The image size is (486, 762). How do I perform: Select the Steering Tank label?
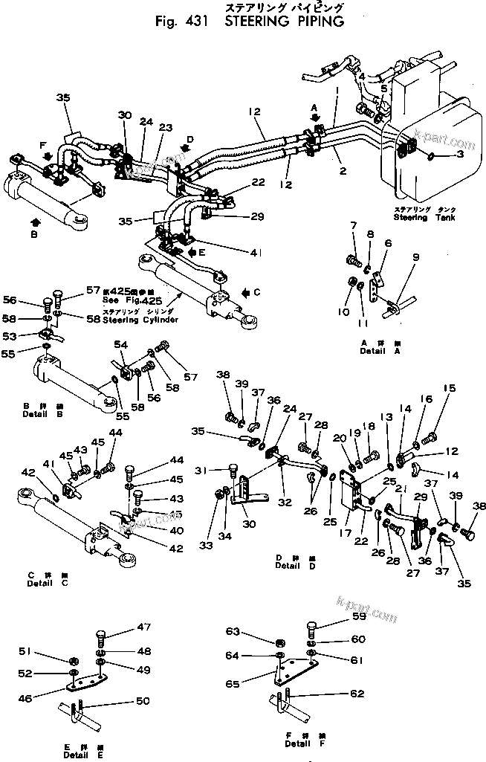tap(421, 218)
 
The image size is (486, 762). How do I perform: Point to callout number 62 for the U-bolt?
tap(357, 694)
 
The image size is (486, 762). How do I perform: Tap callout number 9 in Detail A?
tap(415, 257)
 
